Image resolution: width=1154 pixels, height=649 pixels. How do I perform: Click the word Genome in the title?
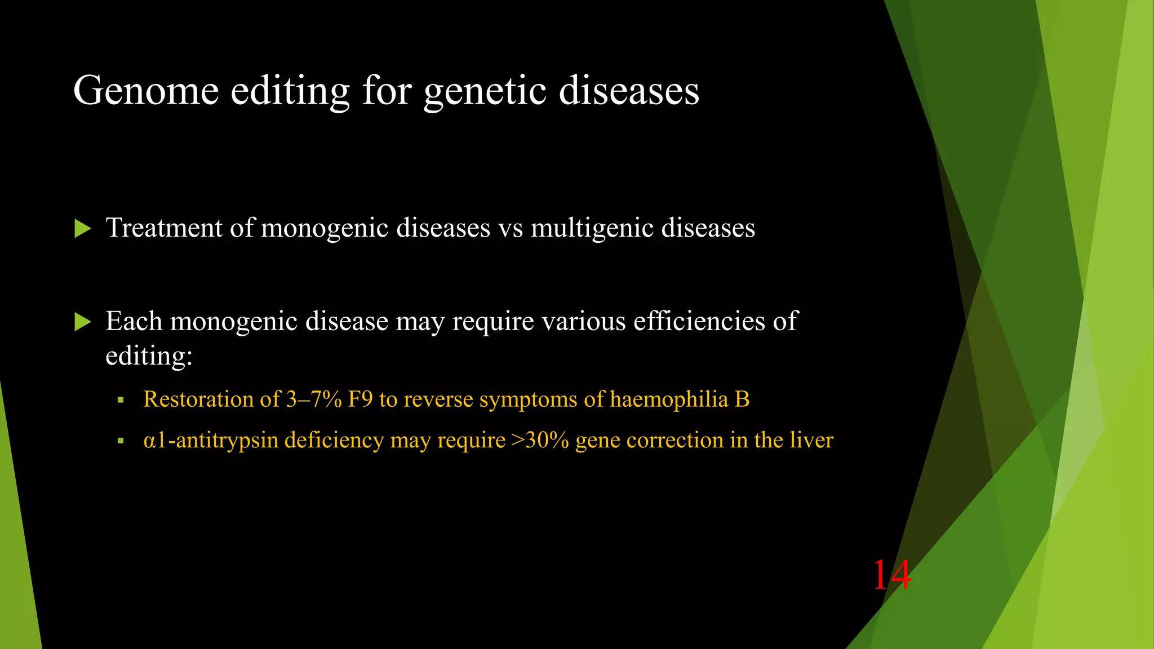[146, 91]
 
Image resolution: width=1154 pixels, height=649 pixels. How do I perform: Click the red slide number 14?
[891, 575]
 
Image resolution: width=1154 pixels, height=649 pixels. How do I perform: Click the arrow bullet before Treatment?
[82, 229]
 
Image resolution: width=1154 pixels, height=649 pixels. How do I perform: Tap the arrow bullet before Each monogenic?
[82, 322]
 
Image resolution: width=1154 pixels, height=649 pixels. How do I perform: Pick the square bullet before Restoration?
[120, 401]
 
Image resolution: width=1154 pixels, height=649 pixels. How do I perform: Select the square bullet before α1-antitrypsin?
[120, 441]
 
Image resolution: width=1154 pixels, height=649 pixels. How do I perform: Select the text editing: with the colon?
[149, 356]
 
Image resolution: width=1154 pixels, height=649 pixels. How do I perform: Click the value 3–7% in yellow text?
[314, 399]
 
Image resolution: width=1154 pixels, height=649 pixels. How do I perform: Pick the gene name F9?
[360, 399]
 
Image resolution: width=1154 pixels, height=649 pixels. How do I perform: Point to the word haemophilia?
[669, 399]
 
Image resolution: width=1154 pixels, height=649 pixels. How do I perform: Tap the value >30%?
[540, 440]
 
